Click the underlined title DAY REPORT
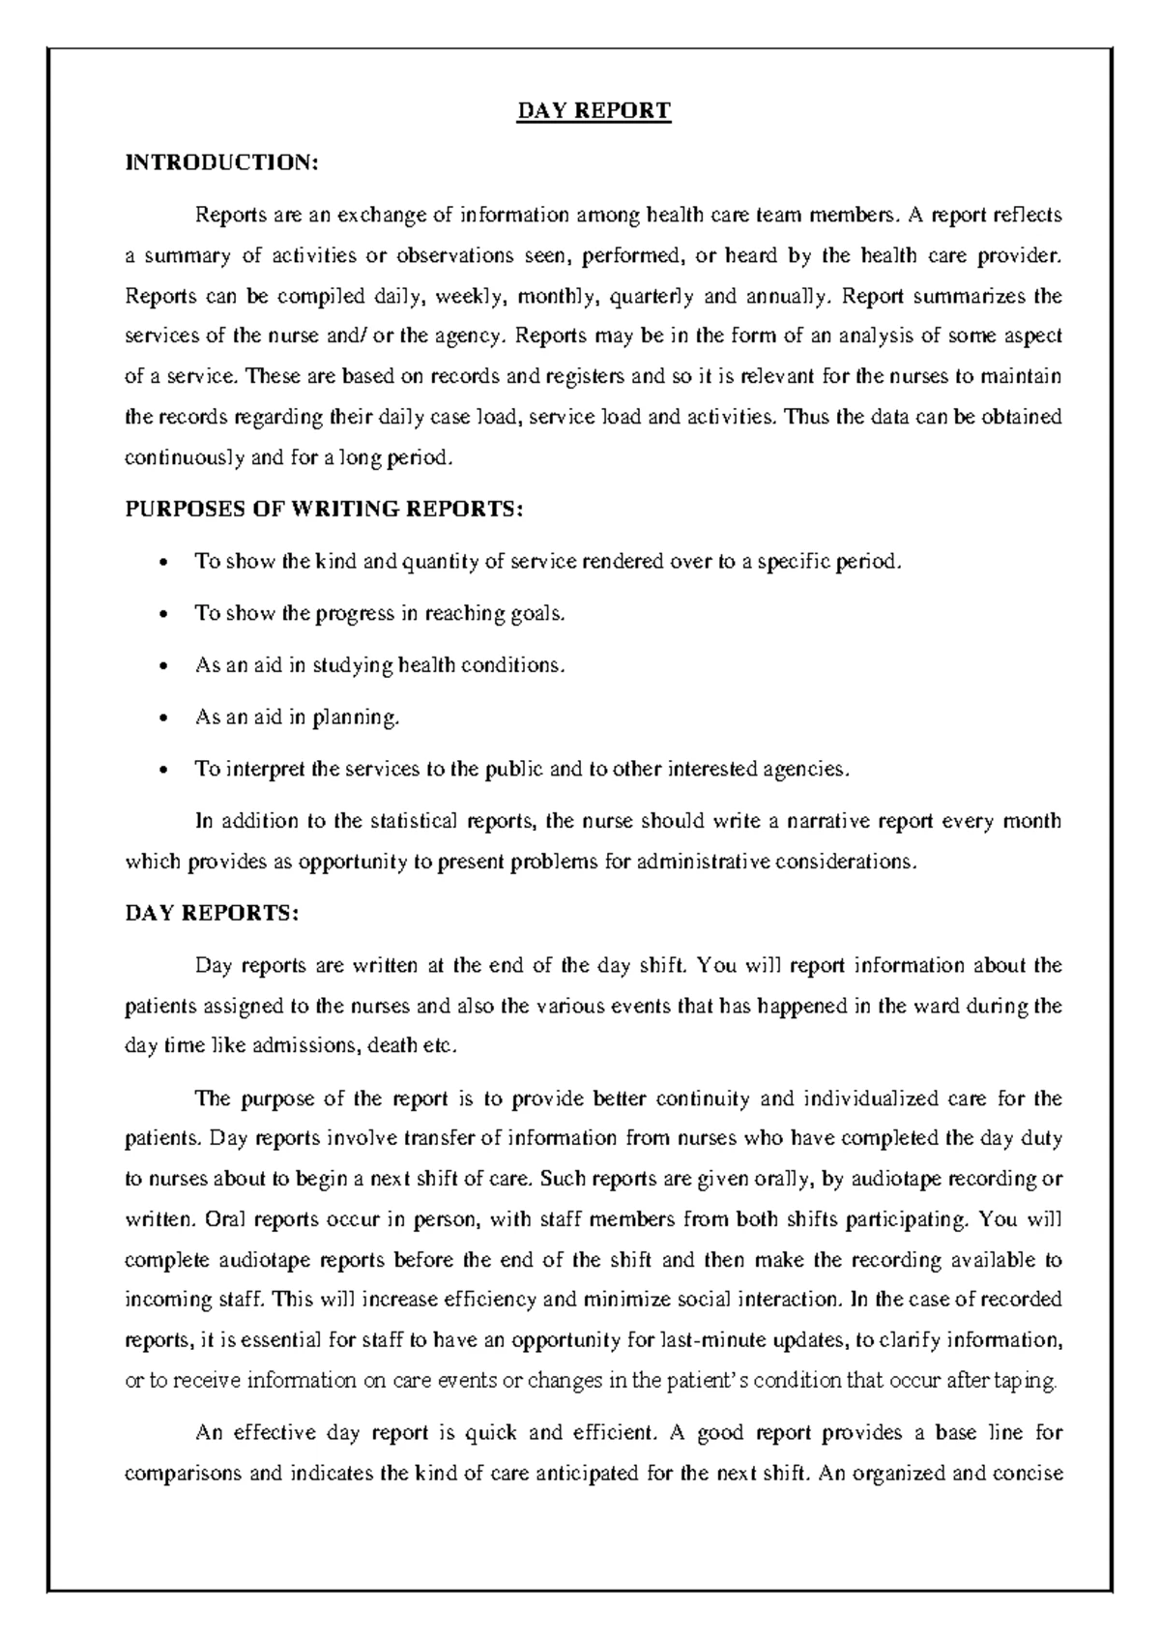[594, 111]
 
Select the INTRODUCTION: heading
[221, 162]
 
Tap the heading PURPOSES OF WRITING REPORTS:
[324, 510]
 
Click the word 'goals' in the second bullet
[536, 614]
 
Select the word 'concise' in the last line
[1029, 1475]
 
